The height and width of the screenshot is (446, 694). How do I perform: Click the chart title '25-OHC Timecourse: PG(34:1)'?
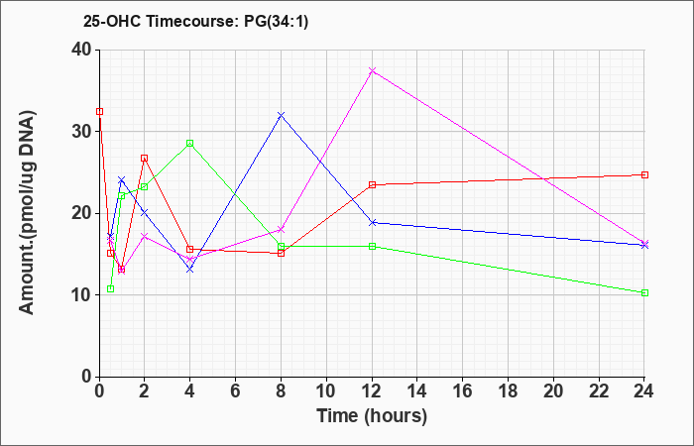pyautogui.click(x=195, y=22)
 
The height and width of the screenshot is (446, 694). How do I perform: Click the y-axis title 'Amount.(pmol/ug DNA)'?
pyautogui.click(x=28, y=213)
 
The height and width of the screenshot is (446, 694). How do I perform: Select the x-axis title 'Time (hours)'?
pyautogui.click(x=372, y=416)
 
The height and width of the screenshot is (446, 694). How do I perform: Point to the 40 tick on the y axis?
pyautogui.click(x=82, y=50)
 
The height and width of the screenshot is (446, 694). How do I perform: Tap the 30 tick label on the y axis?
pyautogui.click(x=82, y=132)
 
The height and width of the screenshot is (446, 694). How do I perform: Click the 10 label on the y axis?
pyautogui.click(x=82, y=295)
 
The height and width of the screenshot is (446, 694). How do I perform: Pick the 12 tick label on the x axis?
pyautogui.click(x=372, y=391)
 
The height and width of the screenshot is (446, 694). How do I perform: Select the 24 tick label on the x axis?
pyautogui.click(x=643, y=391)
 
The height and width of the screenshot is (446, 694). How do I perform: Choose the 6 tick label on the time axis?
pyautogui.click(x=236, y=391)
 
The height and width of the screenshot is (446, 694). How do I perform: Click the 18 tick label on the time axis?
pyautogui.click(x=508, y=391)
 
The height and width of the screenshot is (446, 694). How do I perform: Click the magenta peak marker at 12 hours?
pyautogui.click(x=372, y=70)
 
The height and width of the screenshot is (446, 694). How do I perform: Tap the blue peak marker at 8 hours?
pyautogui.click(x=281, y=115)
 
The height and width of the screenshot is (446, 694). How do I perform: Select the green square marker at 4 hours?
pyautogui.click(x=190, y=143)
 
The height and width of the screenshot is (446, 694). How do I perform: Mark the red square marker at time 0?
pyautogui.click(x=99, y=111)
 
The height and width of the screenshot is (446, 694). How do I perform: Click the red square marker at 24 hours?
pyautogui.click(x=644, y=174)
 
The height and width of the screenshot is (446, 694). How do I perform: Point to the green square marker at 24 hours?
pyautogui.click(x=644, y=293)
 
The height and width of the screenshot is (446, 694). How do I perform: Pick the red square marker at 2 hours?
pyautogui.click(x=145, y=158)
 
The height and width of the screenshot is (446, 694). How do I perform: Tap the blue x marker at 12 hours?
pyautogui.click(x=372, y=223)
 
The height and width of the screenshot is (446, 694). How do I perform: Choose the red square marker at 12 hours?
pyautogui.click(x=372, y=185)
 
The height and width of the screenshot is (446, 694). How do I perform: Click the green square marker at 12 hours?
pyautogui.click(x=372, y=246)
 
